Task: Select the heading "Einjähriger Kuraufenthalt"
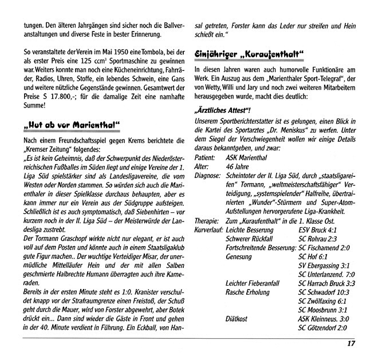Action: [x=250, y=57]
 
